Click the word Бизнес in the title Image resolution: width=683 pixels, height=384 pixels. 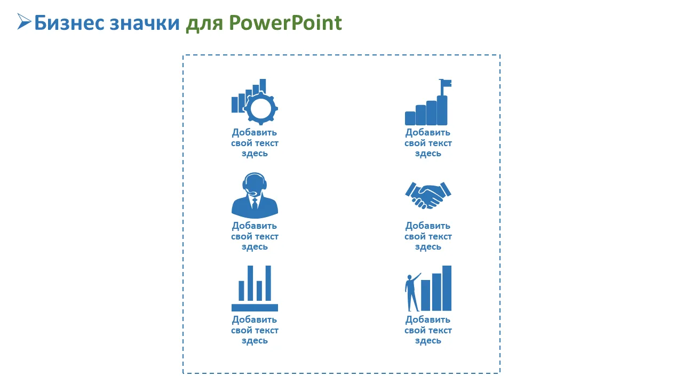click(69, 23)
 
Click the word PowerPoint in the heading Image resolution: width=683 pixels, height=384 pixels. click(285, 23)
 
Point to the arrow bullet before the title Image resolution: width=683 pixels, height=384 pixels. click(24, 22)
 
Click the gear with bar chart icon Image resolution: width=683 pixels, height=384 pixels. click(255, 102)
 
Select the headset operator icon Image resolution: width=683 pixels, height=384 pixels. click(255, 195)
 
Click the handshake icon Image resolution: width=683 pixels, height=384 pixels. click(428, 195)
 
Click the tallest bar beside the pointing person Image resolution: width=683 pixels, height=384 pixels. click(447, 288)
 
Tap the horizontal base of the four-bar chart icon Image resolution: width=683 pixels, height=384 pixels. click(255, 308)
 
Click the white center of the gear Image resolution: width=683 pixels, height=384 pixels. click(261, 108)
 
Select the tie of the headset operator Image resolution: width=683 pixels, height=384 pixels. click(255, 203)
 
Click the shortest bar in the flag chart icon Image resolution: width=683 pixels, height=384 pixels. click(410, 118)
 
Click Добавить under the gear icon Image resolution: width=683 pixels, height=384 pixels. click(255, 133)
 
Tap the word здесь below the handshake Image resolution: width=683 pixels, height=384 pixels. click(428, 246)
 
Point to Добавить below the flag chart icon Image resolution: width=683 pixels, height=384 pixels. click(428, 133)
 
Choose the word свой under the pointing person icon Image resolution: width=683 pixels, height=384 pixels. click(413, 330)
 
